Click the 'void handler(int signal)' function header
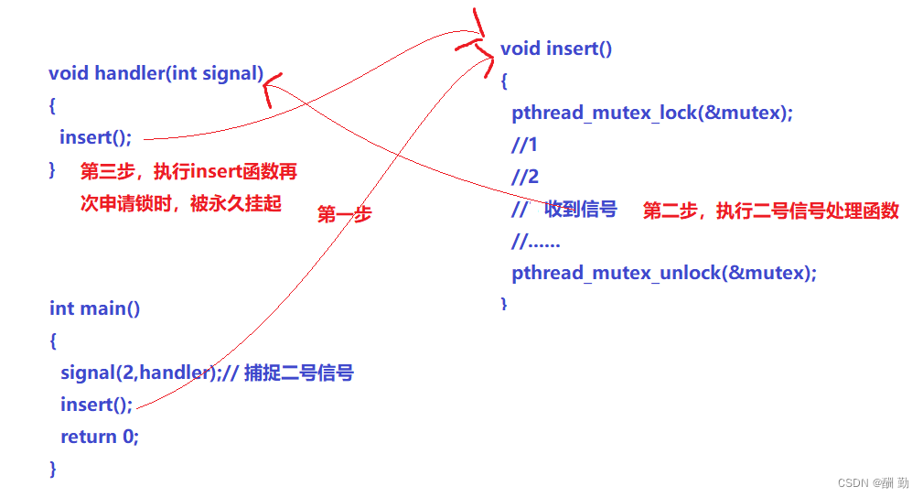156,74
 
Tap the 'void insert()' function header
556,49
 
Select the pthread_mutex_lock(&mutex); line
652,113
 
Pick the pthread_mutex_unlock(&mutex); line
664,273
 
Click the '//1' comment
525,146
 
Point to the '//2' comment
525,178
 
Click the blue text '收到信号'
581,210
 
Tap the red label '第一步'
345,215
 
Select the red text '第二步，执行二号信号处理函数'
771,211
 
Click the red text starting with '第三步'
188,172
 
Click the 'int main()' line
95,308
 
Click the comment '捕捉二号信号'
299,373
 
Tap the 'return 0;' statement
100,437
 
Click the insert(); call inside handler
96,137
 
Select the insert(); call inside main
97,405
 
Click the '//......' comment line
536,242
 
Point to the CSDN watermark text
869,481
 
